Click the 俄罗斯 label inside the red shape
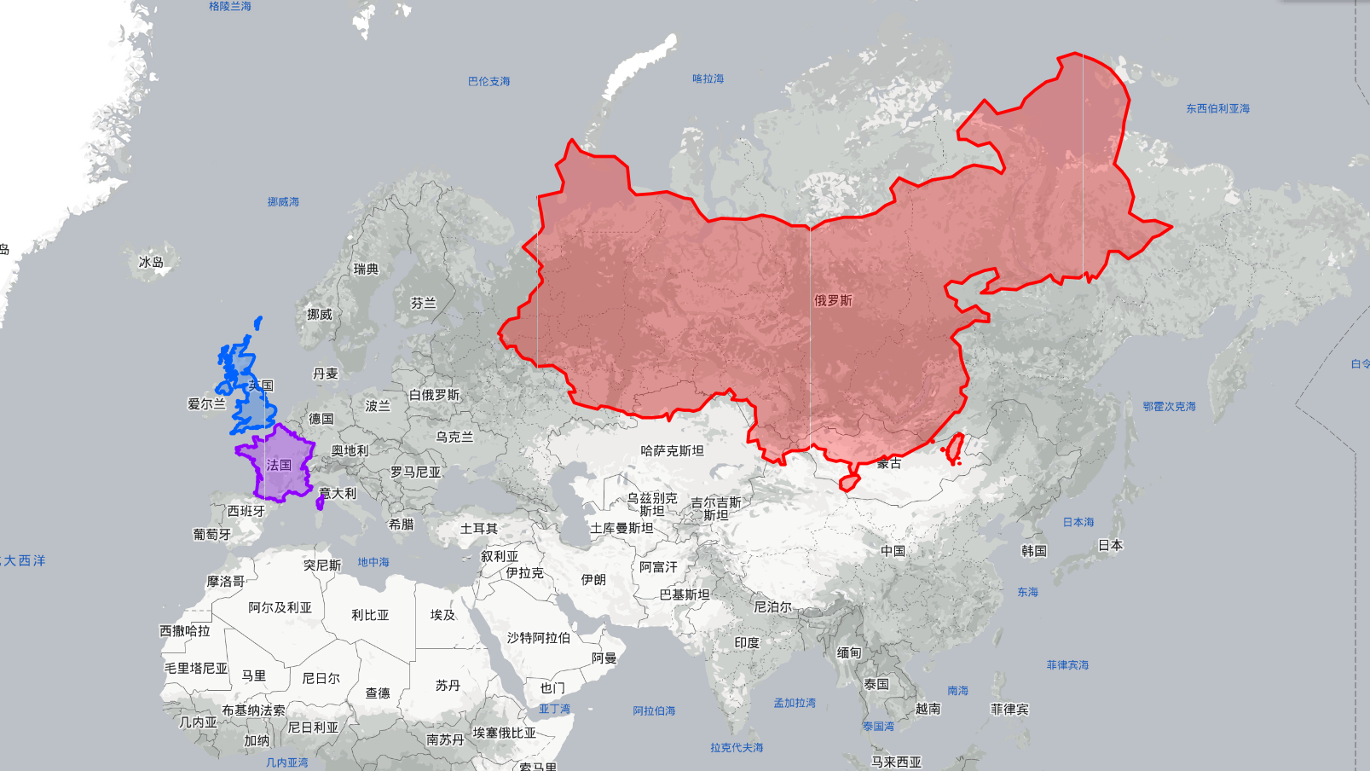(832, 300)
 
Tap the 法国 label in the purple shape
(279, 465)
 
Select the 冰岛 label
(151, 262)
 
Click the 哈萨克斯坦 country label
(672, 450)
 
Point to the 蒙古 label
(888, 463)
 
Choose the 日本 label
(1110, 545)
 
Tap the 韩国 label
(1033, 551)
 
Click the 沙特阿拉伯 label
(539, 637)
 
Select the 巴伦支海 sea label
(488, 82)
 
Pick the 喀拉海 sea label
(708, 78)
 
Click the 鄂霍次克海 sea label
(1169, 407)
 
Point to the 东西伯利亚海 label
(1217, 108)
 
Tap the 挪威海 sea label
(283, 202)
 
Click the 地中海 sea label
(373, 562)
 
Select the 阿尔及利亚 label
(280, 607)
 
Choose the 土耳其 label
(478, 529)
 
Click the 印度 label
(747, 642)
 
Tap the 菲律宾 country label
(1009, 709)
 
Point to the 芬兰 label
(423, 303)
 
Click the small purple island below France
(320, 504)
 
